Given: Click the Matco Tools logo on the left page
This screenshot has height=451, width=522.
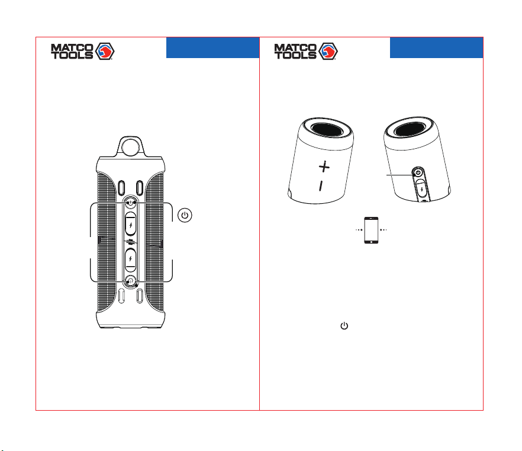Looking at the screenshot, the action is [83, 52].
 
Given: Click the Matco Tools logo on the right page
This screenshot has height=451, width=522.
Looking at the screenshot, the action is [306, 52].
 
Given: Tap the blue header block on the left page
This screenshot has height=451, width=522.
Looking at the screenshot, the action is [212, 47].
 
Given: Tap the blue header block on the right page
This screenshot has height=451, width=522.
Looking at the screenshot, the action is [436, 47].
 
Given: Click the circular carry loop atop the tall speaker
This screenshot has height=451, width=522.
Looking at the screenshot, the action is [130, 146].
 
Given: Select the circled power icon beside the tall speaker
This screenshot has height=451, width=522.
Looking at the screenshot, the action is [185, 215].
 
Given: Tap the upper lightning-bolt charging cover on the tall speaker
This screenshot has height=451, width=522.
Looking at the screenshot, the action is [130, 225].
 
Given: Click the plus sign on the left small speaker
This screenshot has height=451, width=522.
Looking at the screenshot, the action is [324, 167].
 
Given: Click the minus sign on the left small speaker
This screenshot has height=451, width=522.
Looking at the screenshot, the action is [321, 186].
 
